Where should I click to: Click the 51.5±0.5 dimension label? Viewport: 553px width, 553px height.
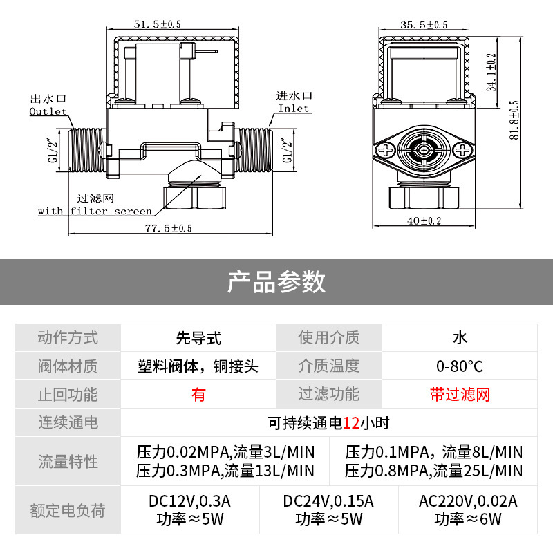click(x=157, y=24)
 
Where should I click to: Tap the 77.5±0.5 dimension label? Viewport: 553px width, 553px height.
click(x=169, y=227)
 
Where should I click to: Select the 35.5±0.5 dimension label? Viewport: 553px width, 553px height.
click(x=424, y=25)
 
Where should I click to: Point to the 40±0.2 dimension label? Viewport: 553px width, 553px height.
click(x=424, y=221)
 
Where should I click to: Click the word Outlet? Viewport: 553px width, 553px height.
click(x=48, y=111)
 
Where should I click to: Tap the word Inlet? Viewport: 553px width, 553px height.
click(x=294, y=109)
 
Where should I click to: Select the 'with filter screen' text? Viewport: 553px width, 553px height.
click(x=95, y=211)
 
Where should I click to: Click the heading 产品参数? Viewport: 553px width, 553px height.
click(x=276, y=281)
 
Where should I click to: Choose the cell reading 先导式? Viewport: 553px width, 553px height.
click(x=198, y=337)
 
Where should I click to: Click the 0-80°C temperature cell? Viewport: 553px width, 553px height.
click(x=459, y=366)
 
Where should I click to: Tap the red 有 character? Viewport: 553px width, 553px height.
click(x=198, y=395)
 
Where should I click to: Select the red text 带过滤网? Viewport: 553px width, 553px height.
click(x=459, y=395)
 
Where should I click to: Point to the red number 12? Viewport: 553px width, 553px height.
click(x=351, y=422)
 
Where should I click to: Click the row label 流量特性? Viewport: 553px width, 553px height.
click(x=68, y=462)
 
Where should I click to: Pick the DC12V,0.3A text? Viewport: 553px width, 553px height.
click(x=189, y=501)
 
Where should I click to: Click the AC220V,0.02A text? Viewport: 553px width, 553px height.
click(x=467, y=501)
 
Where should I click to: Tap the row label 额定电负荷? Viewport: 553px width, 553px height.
click(x=68, y=511)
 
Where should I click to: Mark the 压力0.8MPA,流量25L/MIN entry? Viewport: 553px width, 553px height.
click(x=433, y=471)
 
